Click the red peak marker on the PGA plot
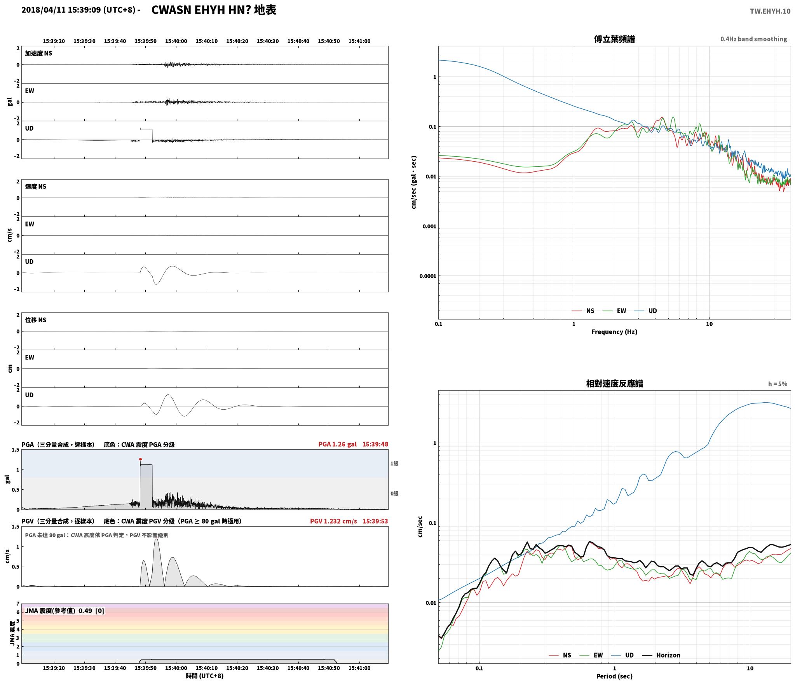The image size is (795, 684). click(x=140, y=459)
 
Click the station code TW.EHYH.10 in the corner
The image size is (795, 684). click(x=770, y=11)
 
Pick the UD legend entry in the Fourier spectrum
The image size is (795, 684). click(x=646, y=311)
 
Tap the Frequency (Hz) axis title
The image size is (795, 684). click(x=614, y=332)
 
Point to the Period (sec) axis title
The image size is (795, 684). click(x=614, y=676)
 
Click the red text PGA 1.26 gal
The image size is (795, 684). click(x=337, y=444)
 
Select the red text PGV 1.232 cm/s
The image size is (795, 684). click(x=333, y=521)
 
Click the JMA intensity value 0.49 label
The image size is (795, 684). click(x=85, y=611)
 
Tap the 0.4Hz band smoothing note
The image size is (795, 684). click(x=753, y=39)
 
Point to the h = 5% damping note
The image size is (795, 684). click(x=778, y=384)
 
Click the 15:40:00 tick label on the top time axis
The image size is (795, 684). click(x=176, y=41)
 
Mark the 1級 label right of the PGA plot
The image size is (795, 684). click(x=394, y=463)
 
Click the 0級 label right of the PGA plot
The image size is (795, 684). click(x=394, y=493)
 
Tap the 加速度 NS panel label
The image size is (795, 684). click(x=38, y=53)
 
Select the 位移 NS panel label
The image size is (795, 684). click(x=35, y=320)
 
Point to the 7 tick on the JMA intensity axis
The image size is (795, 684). click(x=17, y=604)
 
